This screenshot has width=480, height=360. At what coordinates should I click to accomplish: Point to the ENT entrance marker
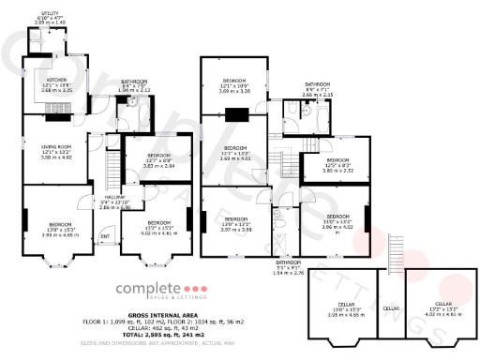coord(105,235)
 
